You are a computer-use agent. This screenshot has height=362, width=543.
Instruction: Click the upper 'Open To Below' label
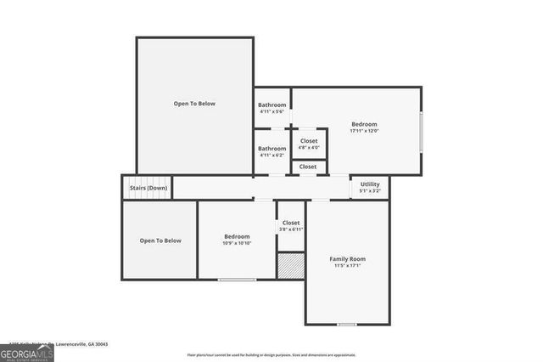click(x=194, y=104)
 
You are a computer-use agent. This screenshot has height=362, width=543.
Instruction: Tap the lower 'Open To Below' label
click(x=160, y=240)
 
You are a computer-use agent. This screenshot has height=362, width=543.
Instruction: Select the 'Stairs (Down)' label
click(x=148, y=188)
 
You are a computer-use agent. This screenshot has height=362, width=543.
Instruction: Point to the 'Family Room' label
click(x=347, y=258)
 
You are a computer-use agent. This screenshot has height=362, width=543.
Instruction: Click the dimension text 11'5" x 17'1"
click(x=347, y=267)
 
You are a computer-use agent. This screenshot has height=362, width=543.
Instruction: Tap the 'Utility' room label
click(x=370, y=184)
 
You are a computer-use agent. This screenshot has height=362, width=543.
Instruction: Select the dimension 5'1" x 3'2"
click(x=370, y=191)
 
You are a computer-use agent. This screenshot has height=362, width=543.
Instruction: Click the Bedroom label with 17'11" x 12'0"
click(x=364, y=123)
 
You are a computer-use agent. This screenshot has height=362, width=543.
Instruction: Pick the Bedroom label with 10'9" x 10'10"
click(x=237, y=236)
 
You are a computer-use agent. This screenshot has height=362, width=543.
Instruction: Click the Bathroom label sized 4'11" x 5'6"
click(x=272, y=105)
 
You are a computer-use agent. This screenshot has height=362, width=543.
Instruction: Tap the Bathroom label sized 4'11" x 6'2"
click(x=272, y=149)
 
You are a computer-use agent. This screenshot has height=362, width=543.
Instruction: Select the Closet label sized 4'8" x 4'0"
click(x=309, y=141)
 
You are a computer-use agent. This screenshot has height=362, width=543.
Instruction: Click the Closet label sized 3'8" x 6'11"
click(x=291, y=223)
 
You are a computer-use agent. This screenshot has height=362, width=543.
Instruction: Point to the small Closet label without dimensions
click(x=309, y=167)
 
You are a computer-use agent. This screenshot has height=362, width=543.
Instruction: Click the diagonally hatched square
click(x=290, y=265)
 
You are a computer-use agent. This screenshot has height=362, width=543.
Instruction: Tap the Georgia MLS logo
click(x=27, y=351)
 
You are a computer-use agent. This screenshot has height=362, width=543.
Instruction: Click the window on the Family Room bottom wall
click(x=346, y=324)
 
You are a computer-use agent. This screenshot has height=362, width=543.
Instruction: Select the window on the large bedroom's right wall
click(x=421, y=132)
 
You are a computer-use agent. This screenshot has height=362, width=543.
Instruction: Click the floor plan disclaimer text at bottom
click(x=271, y=355)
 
